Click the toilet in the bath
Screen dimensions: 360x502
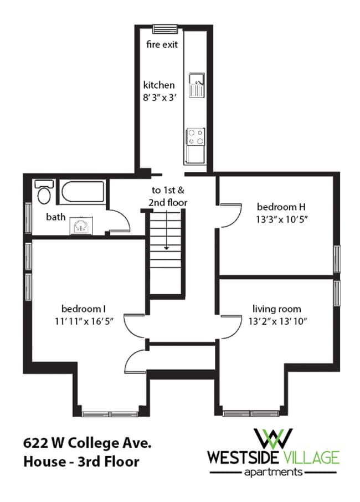point(43,192)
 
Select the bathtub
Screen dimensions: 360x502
point(83,192)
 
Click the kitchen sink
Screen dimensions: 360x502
point(196,85)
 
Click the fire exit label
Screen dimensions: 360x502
point(162,44)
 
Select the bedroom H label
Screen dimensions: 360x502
point(281,207)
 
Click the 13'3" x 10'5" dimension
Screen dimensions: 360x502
point(281,219)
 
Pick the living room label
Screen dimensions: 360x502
point(277,309)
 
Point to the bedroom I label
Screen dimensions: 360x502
point(84,309)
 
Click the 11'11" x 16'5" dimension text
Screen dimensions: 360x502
point(84,321)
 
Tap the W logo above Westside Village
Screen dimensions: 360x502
point(273,438)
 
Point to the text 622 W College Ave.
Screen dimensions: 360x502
point(87,443)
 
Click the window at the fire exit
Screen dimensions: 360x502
point(165,29)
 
